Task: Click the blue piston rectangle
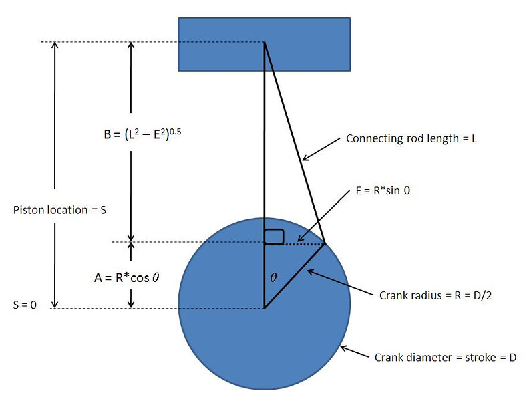(264, 44)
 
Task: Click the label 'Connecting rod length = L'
(411, 138)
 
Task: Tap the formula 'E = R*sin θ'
(383, 190)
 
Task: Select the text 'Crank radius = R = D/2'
(435, 295)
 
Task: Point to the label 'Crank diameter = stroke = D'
(446, 358)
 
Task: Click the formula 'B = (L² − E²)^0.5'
(142, 134)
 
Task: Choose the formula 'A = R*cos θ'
(127, 278)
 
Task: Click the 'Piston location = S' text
(59, 210)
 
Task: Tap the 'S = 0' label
(25, 305)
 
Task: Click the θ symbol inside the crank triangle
(273, 277)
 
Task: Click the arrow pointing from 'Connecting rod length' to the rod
(321, 149)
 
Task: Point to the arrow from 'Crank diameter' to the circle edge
(354, 352)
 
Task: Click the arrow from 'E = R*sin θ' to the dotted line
(323, 217)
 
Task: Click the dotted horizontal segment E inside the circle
(295, 243)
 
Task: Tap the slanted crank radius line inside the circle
(295, 276)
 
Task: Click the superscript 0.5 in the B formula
(175, 131)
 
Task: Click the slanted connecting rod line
(295, 143)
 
